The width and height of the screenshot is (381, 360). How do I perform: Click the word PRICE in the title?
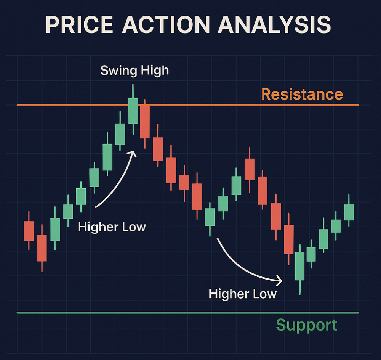point(80,24)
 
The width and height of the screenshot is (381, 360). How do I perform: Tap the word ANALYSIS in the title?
point(274,24)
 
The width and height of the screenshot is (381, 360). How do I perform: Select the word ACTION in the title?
point(166,24)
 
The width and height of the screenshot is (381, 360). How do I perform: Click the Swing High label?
point(134,71)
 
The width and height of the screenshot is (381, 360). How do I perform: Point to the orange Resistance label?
point(302,94)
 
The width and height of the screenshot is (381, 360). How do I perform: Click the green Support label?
point(307,325)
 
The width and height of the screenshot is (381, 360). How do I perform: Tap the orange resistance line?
point(187,105)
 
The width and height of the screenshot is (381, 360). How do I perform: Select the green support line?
point(187,313)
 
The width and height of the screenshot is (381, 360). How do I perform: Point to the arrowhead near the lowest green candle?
point(279,281)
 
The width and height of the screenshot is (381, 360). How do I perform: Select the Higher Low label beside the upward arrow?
point(112,227)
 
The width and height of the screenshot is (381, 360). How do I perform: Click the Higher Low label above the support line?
point(242,294)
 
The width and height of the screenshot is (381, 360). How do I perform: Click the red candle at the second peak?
point(250,169)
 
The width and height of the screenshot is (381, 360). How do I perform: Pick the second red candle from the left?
point(42,248)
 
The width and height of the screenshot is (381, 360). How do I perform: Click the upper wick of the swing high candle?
point(133,91)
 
